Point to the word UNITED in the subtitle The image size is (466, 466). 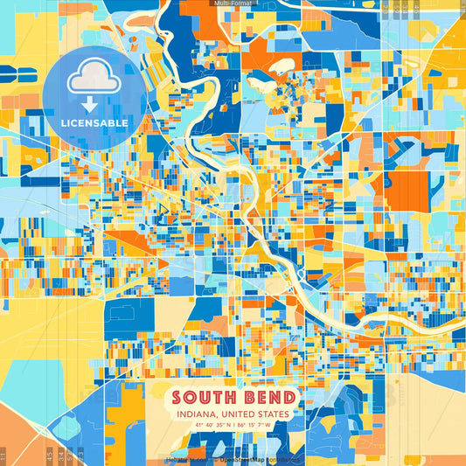click(x=237, y=414)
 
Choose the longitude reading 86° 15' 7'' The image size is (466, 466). click(x=252, y=427)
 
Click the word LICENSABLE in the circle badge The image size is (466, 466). click(x=94, y=123)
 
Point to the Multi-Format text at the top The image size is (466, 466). click(x=232, y=3)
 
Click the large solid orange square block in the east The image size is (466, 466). click(x=407, y=191)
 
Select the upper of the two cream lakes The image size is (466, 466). click(x=282, y=66)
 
